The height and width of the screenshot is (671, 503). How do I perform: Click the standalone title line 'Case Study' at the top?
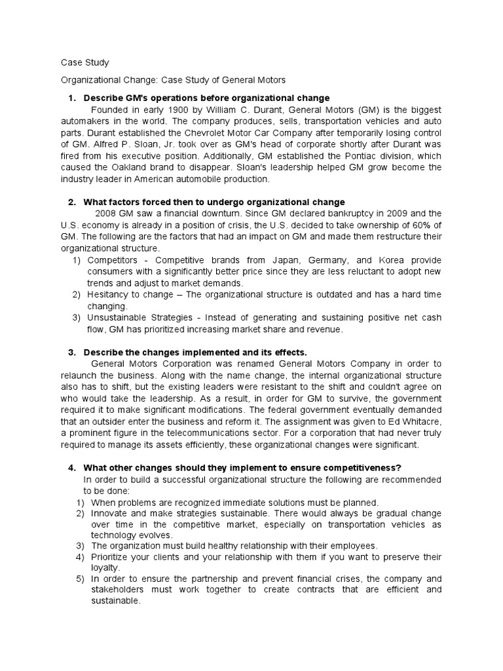[x=84, y=63]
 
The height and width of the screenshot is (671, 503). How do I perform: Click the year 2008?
[x=107, y=214]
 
